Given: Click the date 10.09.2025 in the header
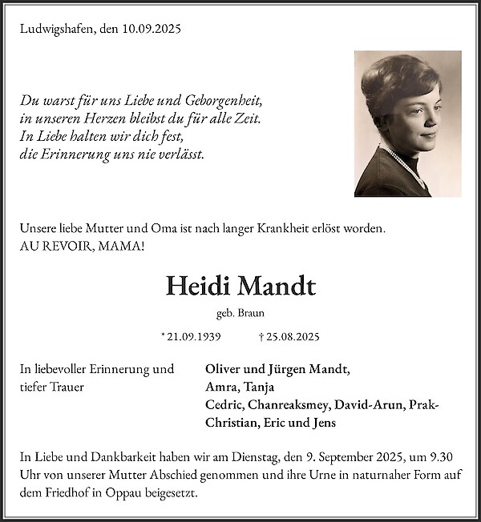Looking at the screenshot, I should pyautogui.click(x=152, y=29).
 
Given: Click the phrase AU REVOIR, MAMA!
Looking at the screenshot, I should pyautogui.click(x=83, y=246).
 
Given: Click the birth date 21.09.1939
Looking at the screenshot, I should pyautogui.click(x=193, y=338).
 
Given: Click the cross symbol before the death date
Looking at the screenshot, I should pyautogui.click(x=262, y=338).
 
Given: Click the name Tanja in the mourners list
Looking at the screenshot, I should pyautogui.click(x=257, y=387).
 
